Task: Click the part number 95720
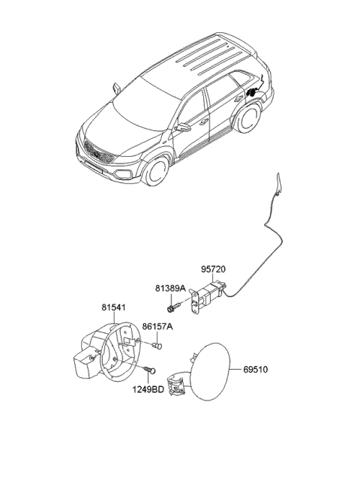(x=214, y=269)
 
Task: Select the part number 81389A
(x=170, y=288)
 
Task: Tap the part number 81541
(x=113, y=307)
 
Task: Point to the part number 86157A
(x=157, y=327)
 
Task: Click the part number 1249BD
(x=148, y=390)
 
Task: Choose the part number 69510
(x=256, y=370)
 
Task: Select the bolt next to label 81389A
(x=173, y=307)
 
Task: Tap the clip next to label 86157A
(x=157, y=346)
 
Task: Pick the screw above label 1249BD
(x=150, y=370)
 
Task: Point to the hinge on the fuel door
(x=177, y=383)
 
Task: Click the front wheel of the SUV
(x=155, y=170)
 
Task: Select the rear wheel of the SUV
(x=248, y=116)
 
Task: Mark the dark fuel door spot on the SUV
(x=252, y=92)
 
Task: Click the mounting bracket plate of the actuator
(x=196, y=302)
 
